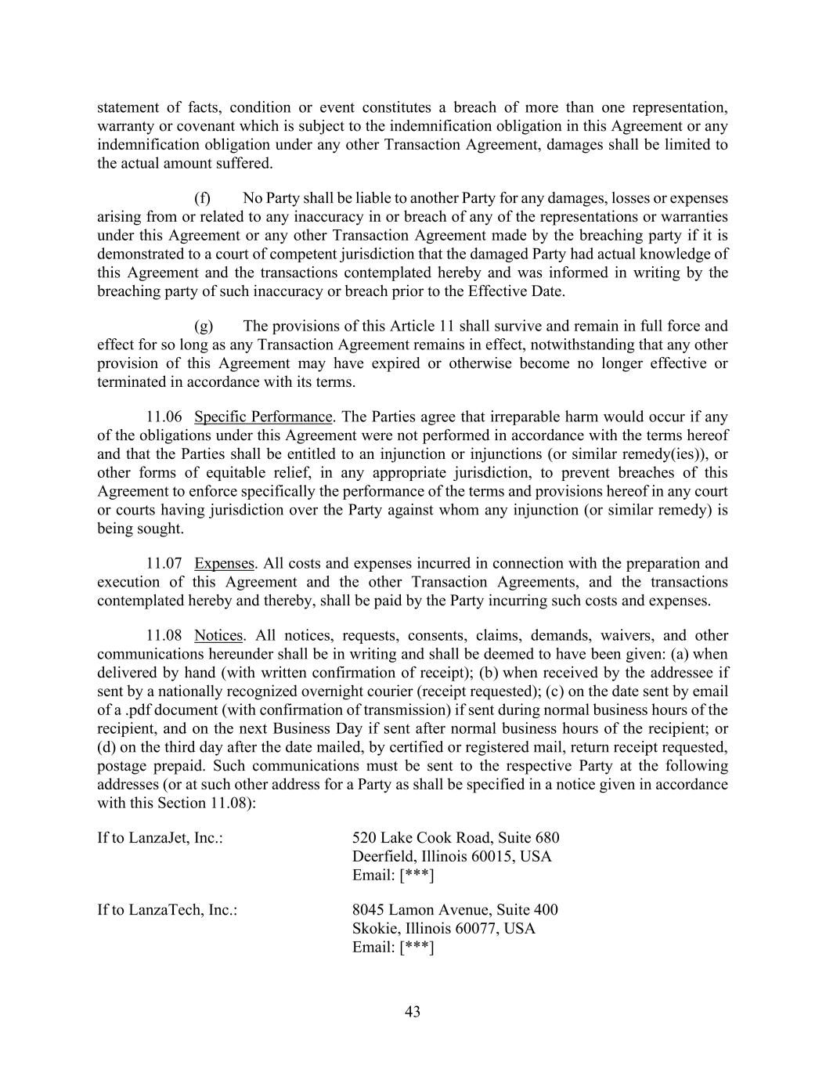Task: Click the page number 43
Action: pyautogui.click(x=413, y=1012)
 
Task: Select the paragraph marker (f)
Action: pyautogui.click(x=202, y=198)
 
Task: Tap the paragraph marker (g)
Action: pyautogui.click(x=203, y=326)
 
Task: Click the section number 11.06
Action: pyautogui.click(x=164, y=417)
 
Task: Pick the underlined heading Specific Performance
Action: pyautogui.click(x=263, y=417)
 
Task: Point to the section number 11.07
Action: pyautogui.click(x=164, y=563)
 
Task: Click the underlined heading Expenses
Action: pyautogui.click(x=224, y=563)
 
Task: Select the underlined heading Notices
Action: pyautogui.click(x=218, y=635)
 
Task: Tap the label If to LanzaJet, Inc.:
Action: pyautogui.click(x=160, y=838)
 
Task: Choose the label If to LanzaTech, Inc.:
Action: pyautogui.click(x=167, y=910)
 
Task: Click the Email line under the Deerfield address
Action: pyautogui.click(x=393, y=875)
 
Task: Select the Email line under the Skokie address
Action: pyautogui.click(x=393, y=948)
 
